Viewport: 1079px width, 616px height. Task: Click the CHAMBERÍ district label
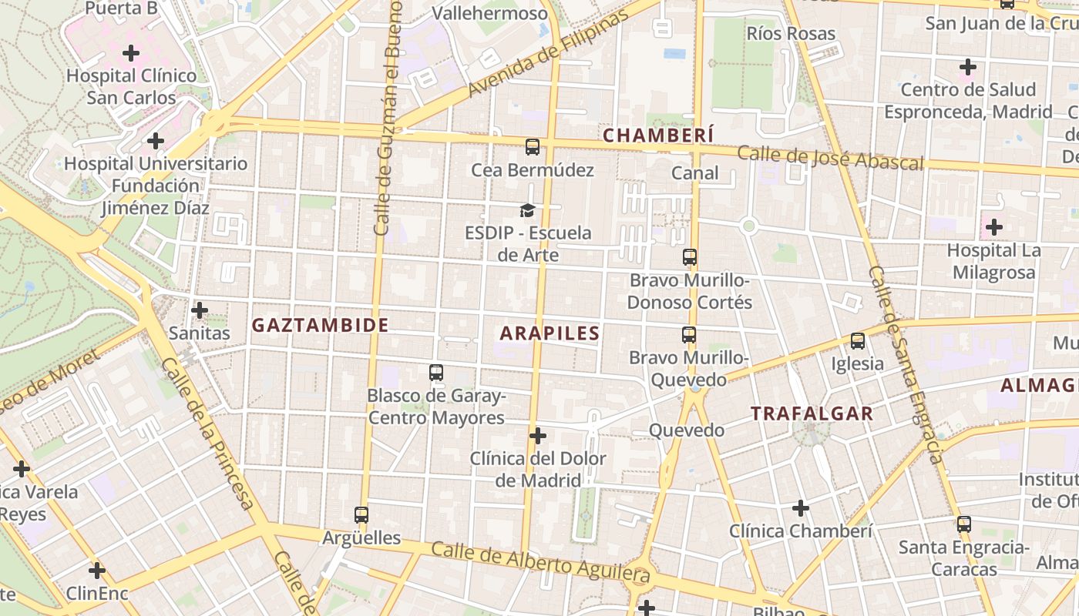point(658,136)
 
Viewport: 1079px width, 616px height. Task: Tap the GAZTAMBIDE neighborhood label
point(320,325)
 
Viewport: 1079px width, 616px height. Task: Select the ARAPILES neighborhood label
point(550,333)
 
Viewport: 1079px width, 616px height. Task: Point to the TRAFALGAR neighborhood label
point(812,413)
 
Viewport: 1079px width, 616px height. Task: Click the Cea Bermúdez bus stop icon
point(532,147)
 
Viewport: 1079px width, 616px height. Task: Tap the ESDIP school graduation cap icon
point(527,210)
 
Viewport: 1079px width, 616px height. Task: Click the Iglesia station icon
point(857,341)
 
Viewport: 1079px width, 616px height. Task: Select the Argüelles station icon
point(361,515)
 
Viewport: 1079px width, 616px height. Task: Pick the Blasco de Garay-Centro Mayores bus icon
point(436,373)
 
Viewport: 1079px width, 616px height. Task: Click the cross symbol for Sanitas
point(200,310)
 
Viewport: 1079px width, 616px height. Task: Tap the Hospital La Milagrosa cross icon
point(994,227)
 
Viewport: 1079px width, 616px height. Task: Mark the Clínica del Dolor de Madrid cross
point(538,437)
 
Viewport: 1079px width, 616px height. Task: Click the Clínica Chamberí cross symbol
point(801,508)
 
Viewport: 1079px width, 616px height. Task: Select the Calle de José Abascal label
point(830,157)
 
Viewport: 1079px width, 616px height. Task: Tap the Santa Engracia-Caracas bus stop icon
point(963,525)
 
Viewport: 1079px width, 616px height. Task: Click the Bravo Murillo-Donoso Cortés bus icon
point(690,258)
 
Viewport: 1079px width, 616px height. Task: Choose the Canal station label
point(694,173)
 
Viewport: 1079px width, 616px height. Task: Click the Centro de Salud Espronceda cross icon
point(967,68)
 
